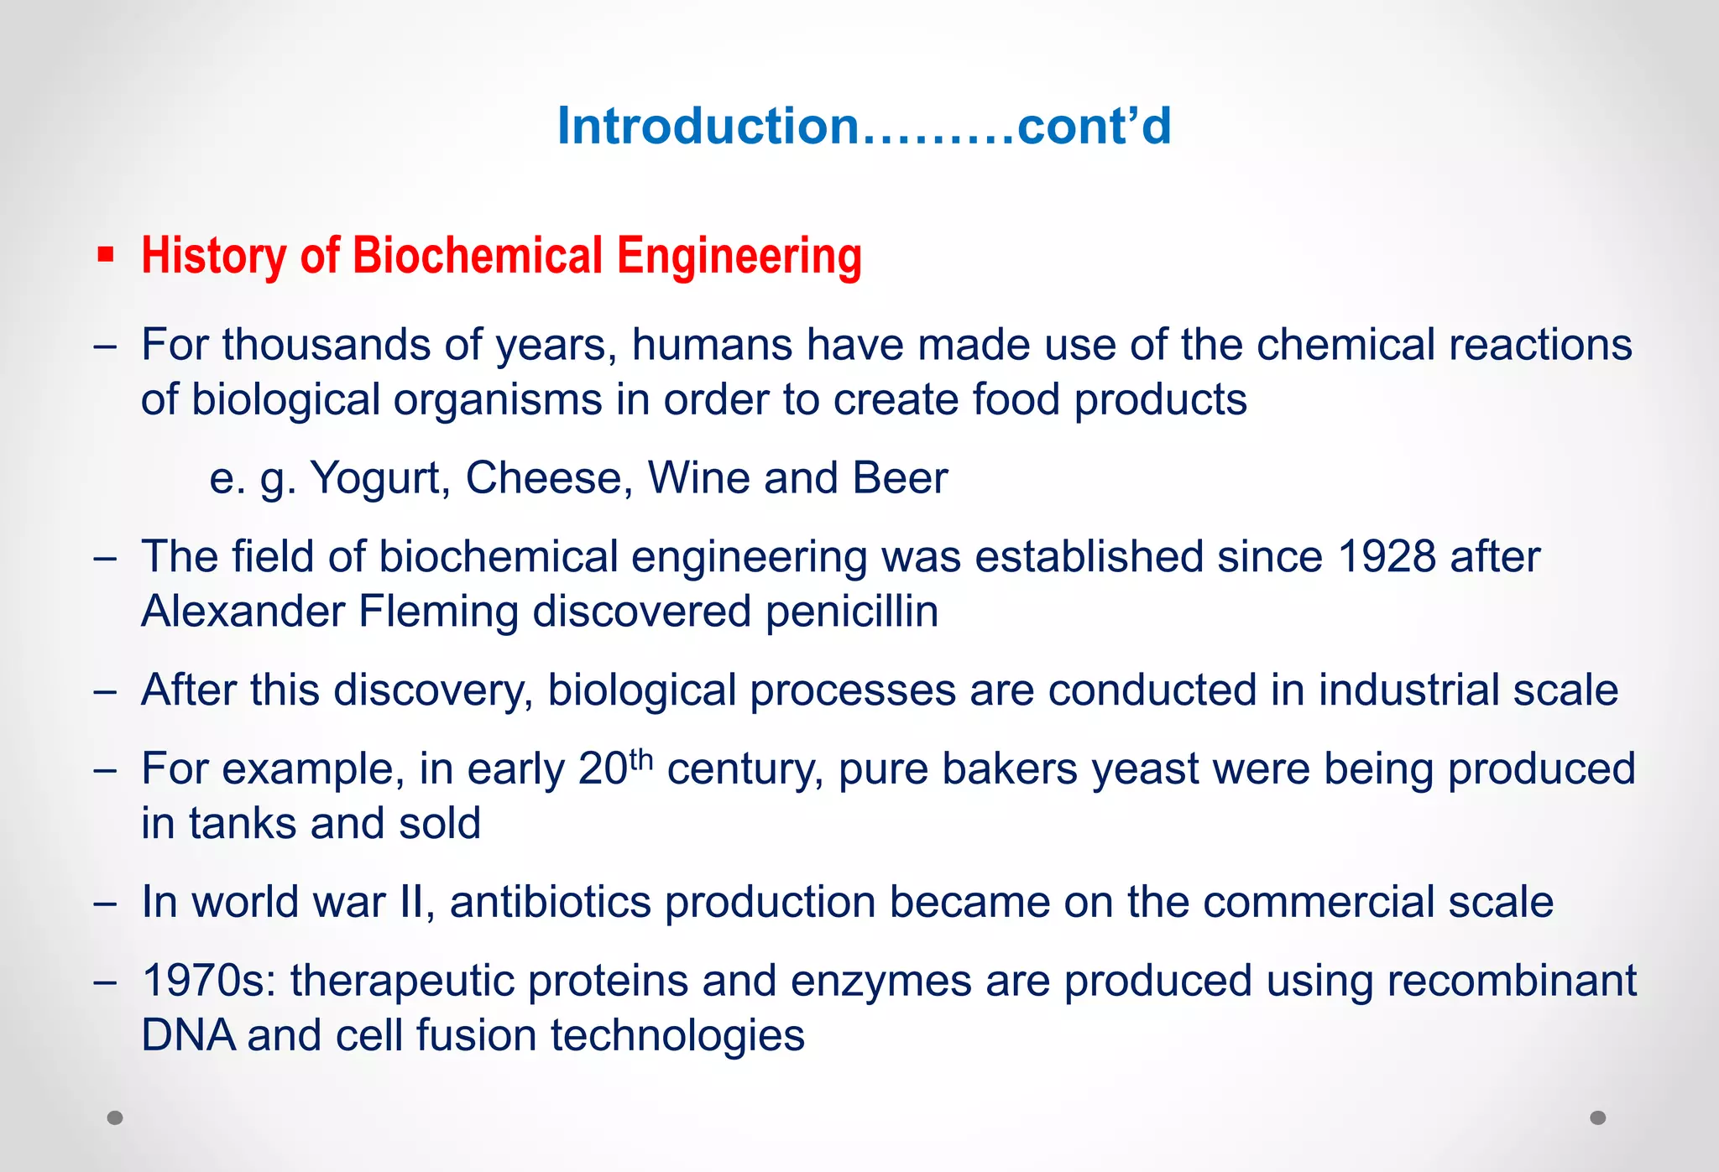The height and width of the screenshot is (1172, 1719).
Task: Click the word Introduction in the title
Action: click(x=708, y=127)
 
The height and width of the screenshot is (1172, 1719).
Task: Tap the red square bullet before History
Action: click(x=106, y=255)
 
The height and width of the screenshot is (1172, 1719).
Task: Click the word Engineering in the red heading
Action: click(x=739, y=255)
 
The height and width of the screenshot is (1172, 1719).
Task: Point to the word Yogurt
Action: click(x=375, y=479)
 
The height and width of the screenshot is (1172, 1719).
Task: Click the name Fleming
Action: click(x=438, y=612)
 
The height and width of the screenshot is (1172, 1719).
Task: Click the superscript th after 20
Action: click(x=640, y=758)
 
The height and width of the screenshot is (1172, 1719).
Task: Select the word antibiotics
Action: click(x=551, y=903)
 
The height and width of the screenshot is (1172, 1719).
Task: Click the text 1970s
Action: click(x=209, y=981)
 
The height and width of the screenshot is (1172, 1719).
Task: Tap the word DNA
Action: click(x=188, y=1035)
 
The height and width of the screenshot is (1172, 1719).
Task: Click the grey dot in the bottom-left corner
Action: click(x=115, y=1117)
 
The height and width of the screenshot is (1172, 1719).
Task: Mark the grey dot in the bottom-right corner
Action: click(x=1598, y=1117)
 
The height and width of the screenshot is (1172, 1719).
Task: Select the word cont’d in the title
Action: click(x=1094, y=127)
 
